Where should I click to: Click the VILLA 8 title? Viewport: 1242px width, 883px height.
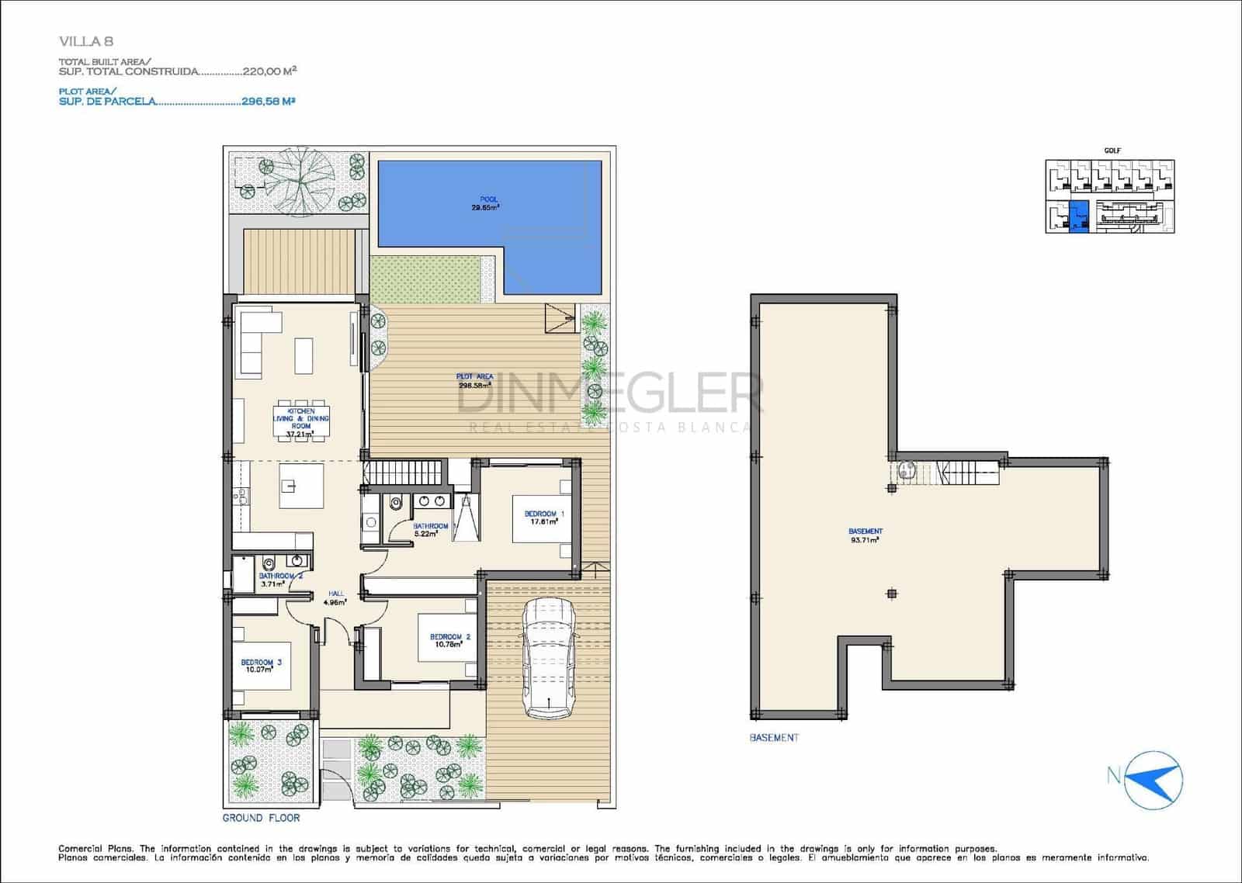pos(86,42)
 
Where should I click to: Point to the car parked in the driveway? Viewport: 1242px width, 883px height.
pos(548,660)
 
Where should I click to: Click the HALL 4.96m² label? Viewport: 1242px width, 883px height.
pos(336,597)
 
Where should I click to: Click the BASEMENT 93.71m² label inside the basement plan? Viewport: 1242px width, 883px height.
pos(865,535)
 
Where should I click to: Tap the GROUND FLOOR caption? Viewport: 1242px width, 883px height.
pos(261,818)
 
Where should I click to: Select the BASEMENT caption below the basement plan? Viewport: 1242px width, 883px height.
pos(773,737)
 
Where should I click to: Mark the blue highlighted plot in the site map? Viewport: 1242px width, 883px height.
pos(1079,216)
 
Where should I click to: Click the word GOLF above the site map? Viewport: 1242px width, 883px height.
pos(1112,151)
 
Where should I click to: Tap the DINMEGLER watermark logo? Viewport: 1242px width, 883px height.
pos(609,396)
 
